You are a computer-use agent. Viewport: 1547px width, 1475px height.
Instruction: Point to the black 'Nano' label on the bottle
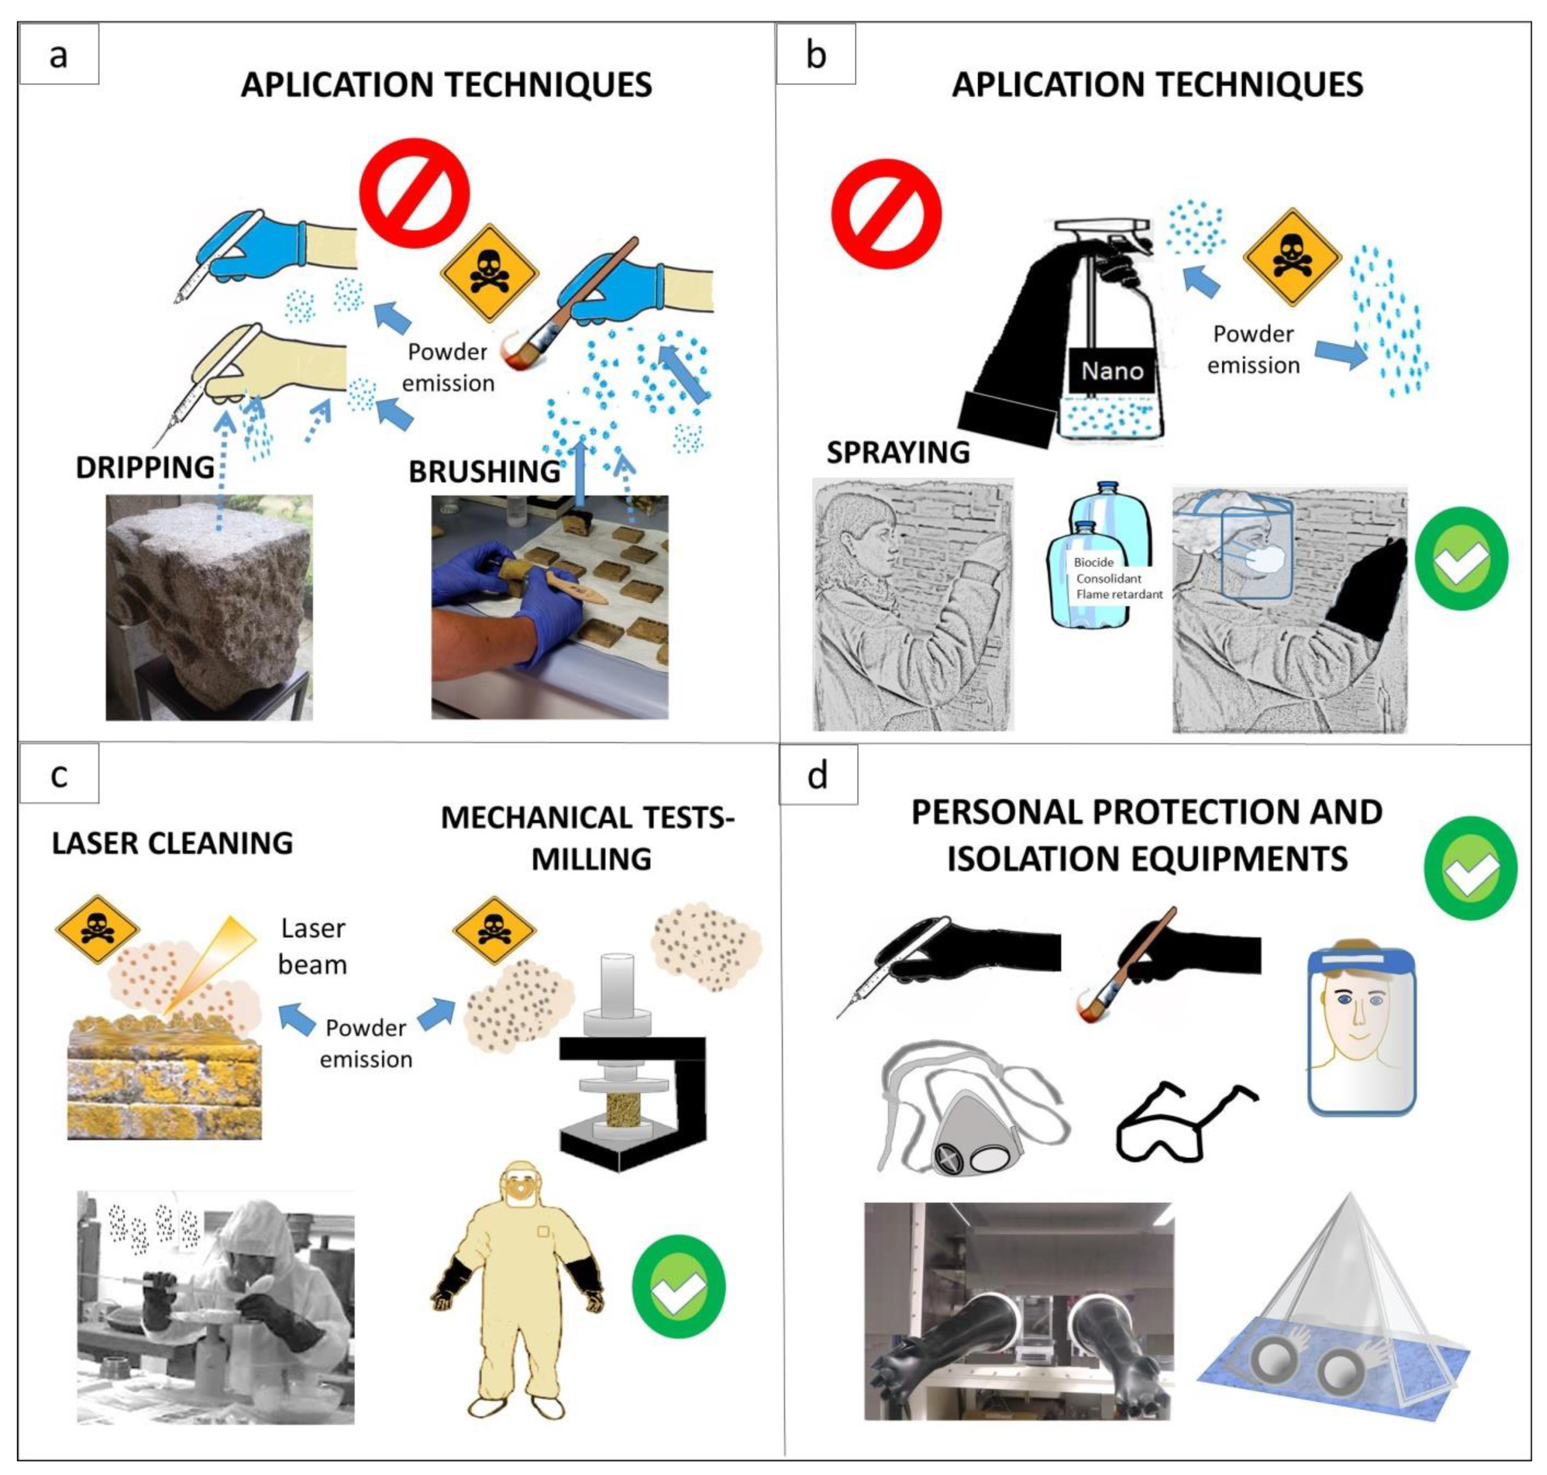[x=1111, y=370]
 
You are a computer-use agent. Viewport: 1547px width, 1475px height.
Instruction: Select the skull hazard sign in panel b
[x=1292, y=256]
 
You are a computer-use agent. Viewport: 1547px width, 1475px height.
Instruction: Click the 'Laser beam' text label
[x=313, y=946]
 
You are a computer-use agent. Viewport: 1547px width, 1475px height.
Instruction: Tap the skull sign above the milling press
[x=494, y=930]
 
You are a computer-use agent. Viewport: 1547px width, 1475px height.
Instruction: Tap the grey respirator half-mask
[x=971, y=1133]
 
